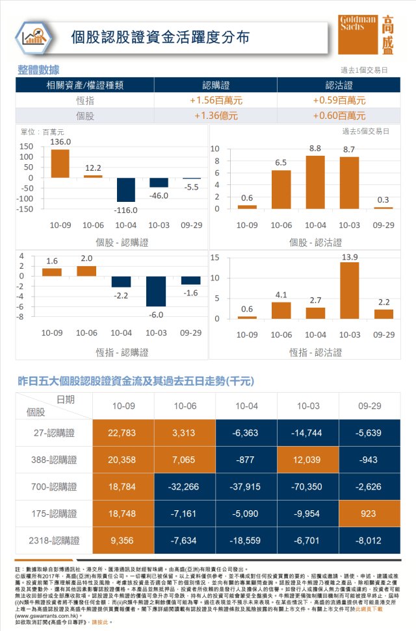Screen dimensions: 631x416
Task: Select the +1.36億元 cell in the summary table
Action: [x=216, y=116]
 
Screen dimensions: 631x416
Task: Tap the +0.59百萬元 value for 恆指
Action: [x=339, y=101]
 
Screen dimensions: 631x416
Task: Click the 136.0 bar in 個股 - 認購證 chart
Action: [x=60, y=164]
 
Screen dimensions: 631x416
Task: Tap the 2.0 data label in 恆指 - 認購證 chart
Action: [x=86, y=258]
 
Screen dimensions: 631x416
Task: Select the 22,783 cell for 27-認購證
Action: [x=123, y=432]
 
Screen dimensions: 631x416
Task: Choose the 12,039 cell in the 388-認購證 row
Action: [x=308, y=460]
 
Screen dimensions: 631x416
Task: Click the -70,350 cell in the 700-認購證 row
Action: [x=308, y=486]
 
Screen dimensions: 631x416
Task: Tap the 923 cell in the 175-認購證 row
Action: [x=369, y=513]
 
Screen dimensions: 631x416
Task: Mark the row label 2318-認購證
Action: [x=54, y=540]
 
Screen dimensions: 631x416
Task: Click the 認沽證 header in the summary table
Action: [x=339, y=85]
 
